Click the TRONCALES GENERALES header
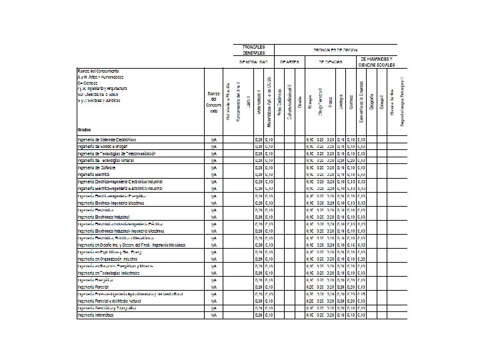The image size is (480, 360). pyautogui.click(x=253, y=50)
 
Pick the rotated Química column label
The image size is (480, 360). pyautogui.click(x=351, y=107)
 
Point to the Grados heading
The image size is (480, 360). pyautogui.click(x=85, y=129)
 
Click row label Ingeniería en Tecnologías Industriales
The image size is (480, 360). pyautogui.click(x=110, y=273)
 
